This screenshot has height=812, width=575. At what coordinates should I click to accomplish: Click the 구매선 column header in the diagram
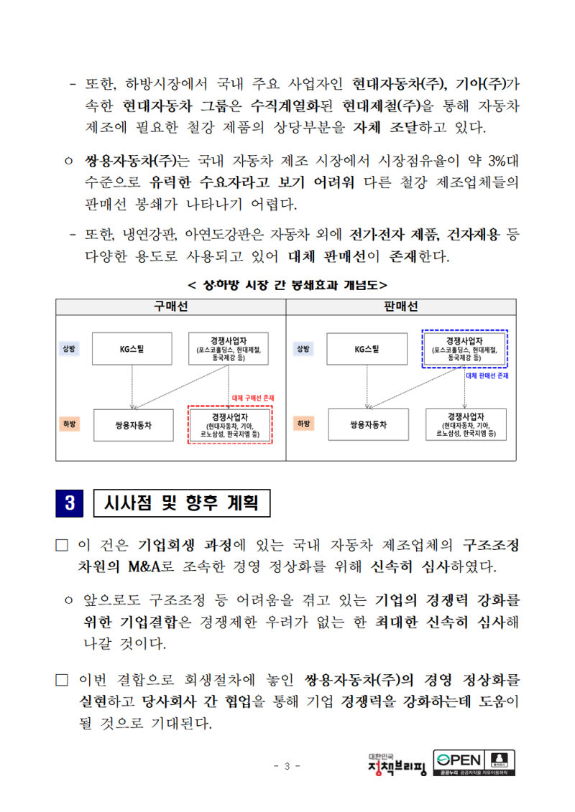point(171,307)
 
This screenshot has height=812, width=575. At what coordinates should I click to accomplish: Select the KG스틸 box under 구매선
point(132,350)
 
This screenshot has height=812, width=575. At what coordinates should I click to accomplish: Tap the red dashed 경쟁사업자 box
point(229,424)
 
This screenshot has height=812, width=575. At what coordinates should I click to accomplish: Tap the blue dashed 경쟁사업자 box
point(465,348)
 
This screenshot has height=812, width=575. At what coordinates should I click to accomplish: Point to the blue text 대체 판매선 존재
point(487,375)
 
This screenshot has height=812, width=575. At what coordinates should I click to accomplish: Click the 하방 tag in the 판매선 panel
point(303,424)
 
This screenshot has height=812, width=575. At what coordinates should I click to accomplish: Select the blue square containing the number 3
point(70,503)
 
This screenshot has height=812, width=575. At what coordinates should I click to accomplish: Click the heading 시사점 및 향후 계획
point(183,503)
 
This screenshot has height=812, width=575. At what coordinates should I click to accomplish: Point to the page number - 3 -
point(287,765)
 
